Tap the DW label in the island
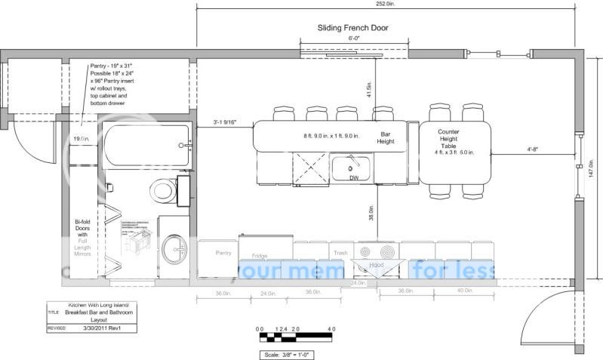click(354, 178)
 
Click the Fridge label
click(260, 254)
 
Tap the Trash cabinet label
click(340, 253)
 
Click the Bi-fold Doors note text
click(83, 238)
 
